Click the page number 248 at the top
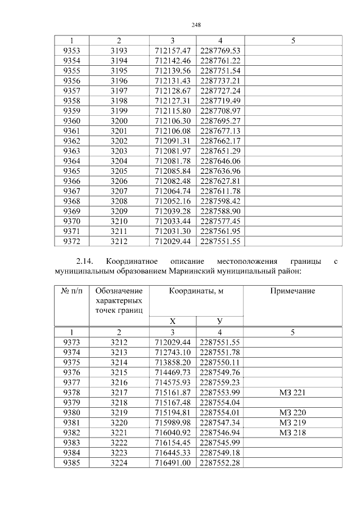[196, 25]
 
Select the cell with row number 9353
[72, 51]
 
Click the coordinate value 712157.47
[173, 51]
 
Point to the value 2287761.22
[220, 60]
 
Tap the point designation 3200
[119, 121]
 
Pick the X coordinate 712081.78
[173, 161]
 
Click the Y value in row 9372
[220, 242]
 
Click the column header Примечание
[292, 291]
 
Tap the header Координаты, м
[196, 291]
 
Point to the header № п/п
[72, 291]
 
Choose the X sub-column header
[173, 321]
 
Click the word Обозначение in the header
[119, 291]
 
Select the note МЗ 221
[292, 392]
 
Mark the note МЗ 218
[292, 433]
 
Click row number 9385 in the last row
[72, 463]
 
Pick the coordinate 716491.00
[173, 463]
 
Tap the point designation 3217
[119, 392]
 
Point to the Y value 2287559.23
[220, 382]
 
